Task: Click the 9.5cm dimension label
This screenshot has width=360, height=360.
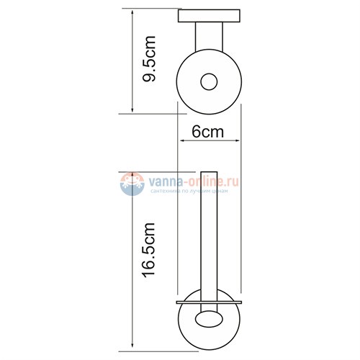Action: click(x=149, y=59)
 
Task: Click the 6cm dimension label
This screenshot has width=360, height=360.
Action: click(x=208, y=132)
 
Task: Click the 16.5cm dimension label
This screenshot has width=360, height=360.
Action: click(x=149, y=250)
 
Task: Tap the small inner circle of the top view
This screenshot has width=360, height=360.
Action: click(x=209, y=81)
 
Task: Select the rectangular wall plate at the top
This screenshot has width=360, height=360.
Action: click(x=209, y=16)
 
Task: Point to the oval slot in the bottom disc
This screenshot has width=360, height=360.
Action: click(x=209, y=319)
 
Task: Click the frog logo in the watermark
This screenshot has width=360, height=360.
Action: click(x=132, y=184)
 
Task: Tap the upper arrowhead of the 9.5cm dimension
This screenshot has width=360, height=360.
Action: click(x=132, y=12)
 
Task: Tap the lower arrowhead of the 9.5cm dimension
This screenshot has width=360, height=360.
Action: click(x=132, y=110)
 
